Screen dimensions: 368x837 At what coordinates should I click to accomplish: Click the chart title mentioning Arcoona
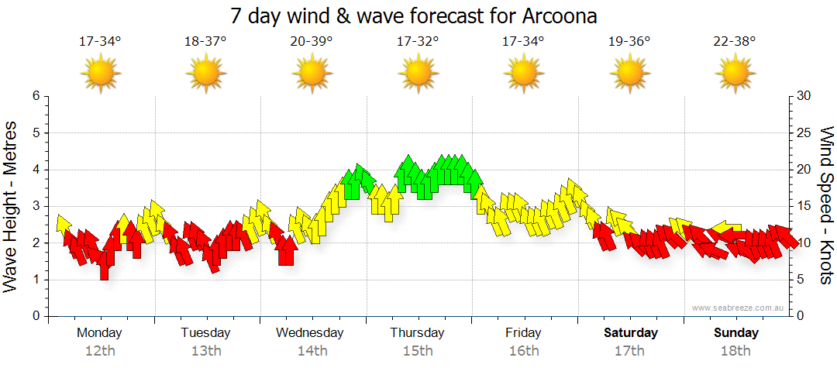point(414,15)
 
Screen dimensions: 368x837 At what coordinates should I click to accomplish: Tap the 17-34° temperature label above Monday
point(100,41)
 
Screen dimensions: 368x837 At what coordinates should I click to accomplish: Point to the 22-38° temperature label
point(735,41)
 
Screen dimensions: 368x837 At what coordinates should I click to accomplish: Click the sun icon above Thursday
point(418,74)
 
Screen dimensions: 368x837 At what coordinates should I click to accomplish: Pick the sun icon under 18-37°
point(205,74)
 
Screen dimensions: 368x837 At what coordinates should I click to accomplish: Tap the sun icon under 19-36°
point(629,74)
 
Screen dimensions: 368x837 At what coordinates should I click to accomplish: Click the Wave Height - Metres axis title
point(11,206)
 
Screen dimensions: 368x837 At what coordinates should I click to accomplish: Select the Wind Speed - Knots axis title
point(826,206)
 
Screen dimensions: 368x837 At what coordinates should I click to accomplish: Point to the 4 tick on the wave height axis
point(35,170)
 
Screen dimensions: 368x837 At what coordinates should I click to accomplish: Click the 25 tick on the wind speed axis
point(804,132)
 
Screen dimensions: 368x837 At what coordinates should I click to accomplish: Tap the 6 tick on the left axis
point(35,96)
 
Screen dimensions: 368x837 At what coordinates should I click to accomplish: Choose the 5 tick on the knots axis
point(801,280)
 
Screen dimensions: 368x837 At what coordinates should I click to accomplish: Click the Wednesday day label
point(310,333)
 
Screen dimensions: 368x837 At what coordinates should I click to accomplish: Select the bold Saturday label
point(631,333)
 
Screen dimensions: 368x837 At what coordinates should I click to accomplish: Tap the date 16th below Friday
point(524,351)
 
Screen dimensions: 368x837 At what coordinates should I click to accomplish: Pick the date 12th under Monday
point(100,351)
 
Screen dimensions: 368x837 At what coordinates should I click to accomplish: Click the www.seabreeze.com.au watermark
point(739,308)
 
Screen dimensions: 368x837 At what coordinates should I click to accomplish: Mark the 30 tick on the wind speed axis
point(804,96)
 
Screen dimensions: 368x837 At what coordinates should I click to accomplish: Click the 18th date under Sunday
point(735,351)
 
